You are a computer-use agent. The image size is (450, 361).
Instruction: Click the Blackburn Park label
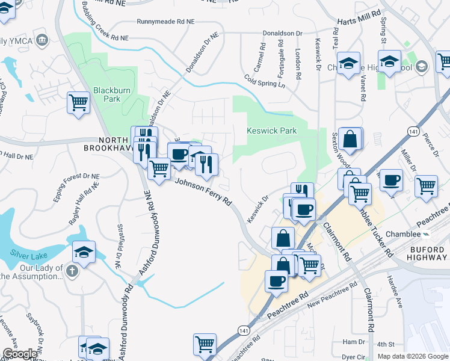(x=108, y=95)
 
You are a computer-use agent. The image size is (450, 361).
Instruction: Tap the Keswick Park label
(x=272, y=131)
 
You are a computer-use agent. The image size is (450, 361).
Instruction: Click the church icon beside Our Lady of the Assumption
(x=72, y=270)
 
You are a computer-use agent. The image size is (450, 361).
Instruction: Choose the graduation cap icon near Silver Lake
(x=84, y=253)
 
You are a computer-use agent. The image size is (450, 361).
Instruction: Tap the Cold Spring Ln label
(x=264, y=81)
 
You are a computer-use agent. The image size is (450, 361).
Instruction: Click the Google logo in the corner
(x=20, y=354)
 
